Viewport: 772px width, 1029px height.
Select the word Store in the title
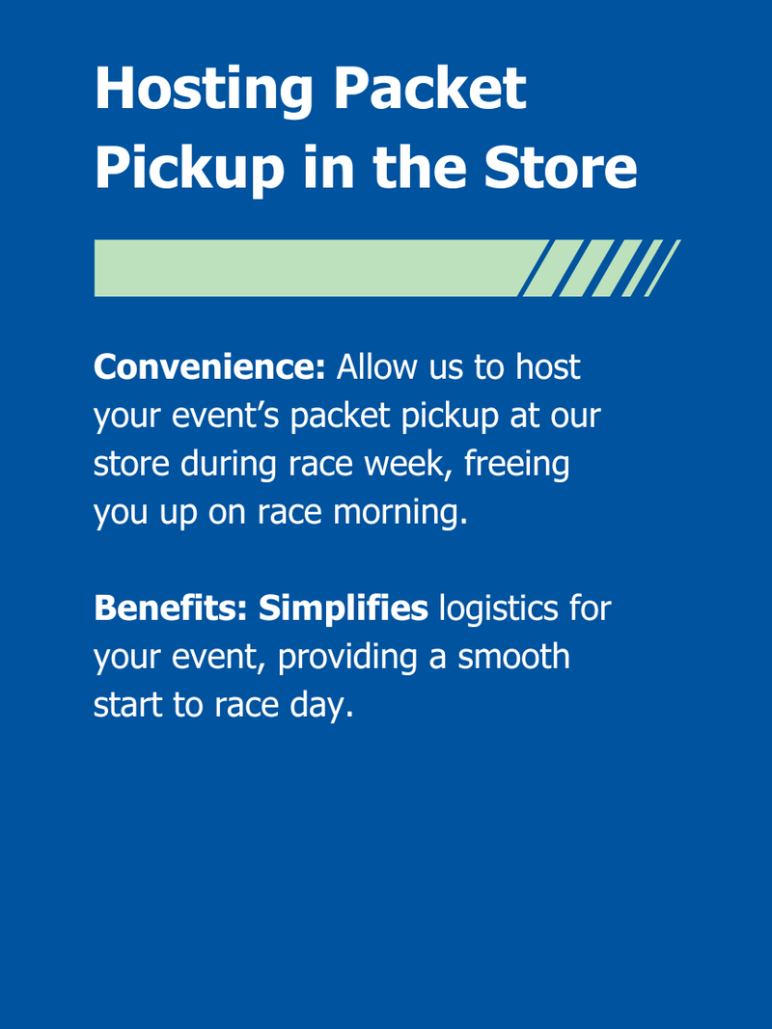[561, 167]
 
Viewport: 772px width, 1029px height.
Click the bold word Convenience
[209, 366]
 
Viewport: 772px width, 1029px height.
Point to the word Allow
[377, 366]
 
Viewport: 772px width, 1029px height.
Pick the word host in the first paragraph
[547, 366]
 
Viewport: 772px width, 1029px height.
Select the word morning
[400, 513]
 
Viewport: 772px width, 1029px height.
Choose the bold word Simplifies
[344, 609]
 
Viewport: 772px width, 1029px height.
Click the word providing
[348, 658]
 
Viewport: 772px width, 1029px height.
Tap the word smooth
[514, 656]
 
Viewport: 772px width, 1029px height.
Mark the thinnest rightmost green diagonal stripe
[663, 268]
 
